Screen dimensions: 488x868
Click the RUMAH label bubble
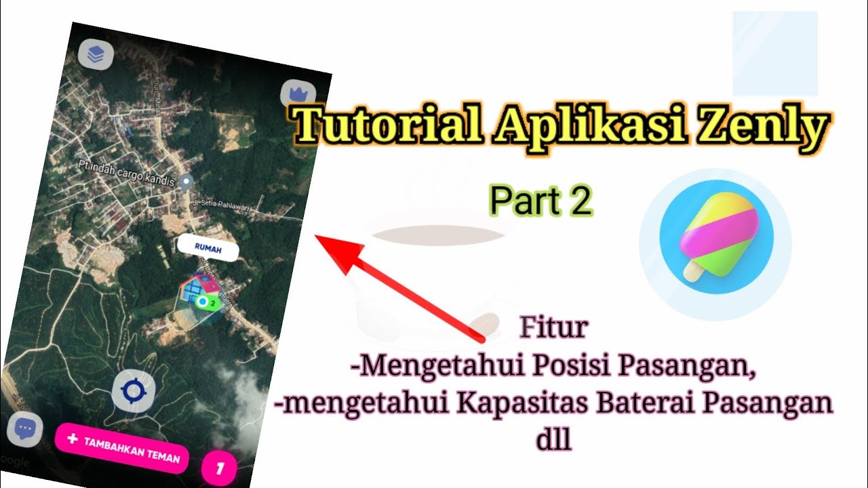pyautogui.click(x=208, y=249)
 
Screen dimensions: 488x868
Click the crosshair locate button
pyautogui.click(x=133, y=391)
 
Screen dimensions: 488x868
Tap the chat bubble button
pyautogui.click(x=26, y=430)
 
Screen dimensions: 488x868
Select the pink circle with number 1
pyautogui.click(x=219, y=468)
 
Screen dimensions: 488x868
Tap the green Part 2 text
pyautogui.click(x=541, y=201)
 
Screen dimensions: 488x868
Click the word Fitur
pyautogui.click(x=553, y=328)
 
